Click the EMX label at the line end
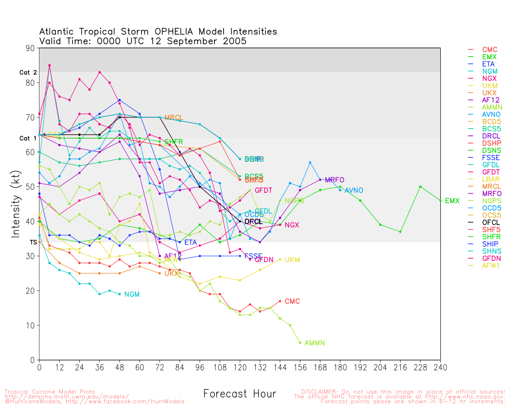452,201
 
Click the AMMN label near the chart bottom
314,343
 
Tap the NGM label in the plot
132,294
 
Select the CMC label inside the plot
292,301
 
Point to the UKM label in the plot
292,260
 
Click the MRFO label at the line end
334,180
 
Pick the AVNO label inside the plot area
354,190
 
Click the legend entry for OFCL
491,222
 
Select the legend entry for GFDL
491,165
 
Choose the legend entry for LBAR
491,179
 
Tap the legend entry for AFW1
491,265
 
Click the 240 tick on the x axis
440,367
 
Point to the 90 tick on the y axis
30,48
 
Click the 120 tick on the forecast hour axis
240,367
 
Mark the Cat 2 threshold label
28,73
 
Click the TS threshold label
33,242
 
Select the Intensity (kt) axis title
16,204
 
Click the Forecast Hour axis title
239,394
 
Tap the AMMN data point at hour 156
300,343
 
